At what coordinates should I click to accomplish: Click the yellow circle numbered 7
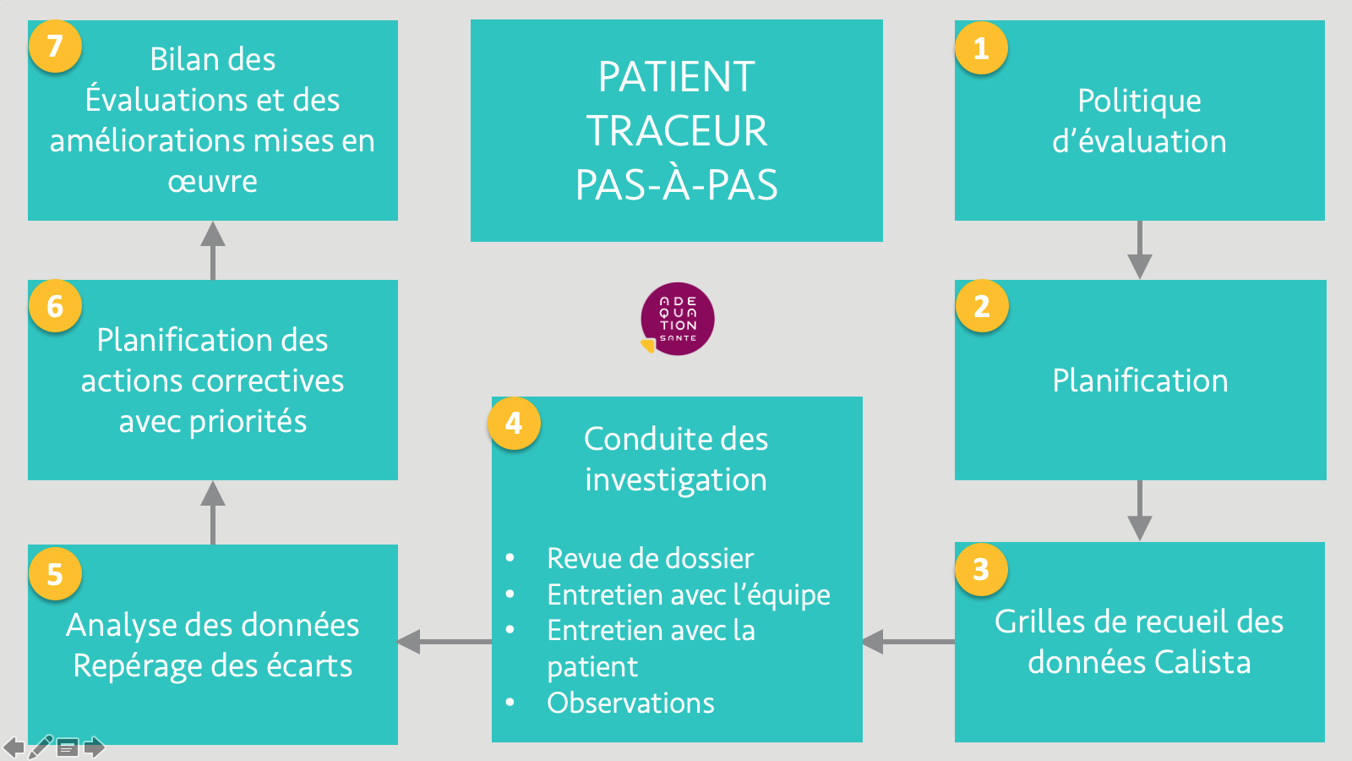tap(55, 47)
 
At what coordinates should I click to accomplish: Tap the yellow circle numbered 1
tap(981, 47)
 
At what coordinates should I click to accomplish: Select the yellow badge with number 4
tap(515, 423)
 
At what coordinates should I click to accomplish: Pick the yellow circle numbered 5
tap(55, 574)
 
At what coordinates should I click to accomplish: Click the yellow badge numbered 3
tap(981, 569)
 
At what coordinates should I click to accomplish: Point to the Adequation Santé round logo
tap(677, 319)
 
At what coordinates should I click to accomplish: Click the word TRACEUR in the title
tap(677, 130)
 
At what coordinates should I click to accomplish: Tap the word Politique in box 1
tap(1140, 101)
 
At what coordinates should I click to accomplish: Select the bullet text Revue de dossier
tap(650, 558)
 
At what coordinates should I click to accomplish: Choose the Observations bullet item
tap(630, 703)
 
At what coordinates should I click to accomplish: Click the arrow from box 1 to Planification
tap(1140, 249)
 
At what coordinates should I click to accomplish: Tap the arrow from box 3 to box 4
tap(908, 642)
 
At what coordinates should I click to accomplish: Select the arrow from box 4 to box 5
tap(444, 642)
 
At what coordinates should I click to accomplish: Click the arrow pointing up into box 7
tap(213, 250)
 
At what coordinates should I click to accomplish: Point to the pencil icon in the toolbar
tap(41, 747)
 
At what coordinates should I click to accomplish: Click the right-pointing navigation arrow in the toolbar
tap(94, 747)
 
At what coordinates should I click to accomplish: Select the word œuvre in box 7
tap(212, 182)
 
